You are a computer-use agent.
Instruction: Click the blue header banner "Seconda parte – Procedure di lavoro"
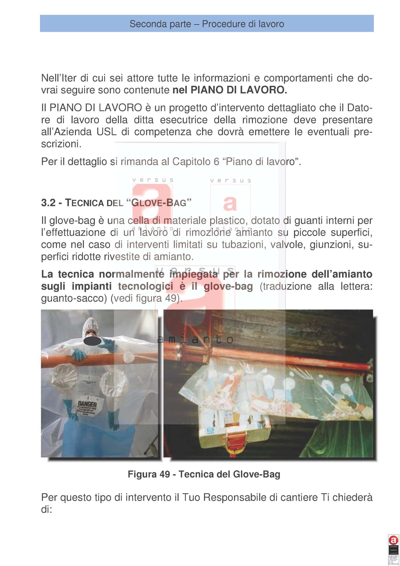point(206,24)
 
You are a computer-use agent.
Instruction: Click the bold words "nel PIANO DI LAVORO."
point(230,90)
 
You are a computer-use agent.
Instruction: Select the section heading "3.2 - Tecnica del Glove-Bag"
point(116,203)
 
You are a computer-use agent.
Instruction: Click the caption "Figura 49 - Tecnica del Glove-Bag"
point(204,475)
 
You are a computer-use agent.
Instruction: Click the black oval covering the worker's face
point(92,341)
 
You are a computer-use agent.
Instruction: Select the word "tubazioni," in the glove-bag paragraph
point(242,245)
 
